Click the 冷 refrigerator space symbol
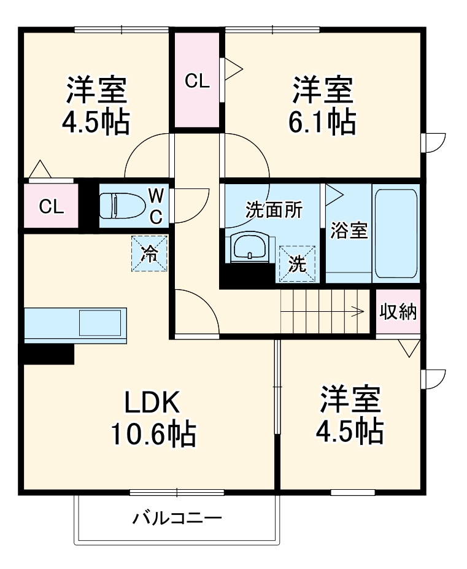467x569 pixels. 149,254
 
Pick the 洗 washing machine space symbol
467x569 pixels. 298,264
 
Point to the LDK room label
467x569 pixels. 152,403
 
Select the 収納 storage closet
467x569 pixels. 398,312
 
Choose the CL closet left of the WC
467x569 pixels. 52,206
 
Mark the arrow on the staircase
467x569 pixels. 356,311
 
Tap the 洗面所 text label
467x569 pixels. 274,210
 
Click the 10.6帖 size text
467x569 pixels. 153,435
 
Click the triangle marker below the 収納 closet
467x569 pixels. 406,348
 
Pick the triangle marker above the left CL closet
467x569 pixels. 40,169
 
